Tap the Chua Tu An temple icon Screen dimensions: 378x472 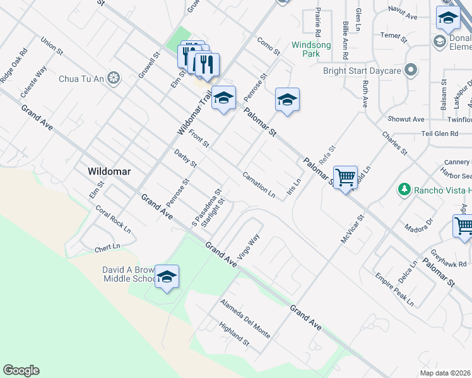(114, 78)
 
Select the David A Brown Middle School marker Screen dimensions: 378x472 (167, 277)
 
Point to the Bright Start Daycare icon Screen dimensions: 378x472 (411, 70)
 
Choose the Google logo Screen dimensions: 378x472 (21, 370)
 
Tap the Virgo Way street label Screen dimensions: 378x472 (249, 248)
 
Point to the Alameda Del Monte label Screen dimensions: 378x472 (245, 318)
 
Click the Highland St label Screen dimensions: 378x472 (234, 333)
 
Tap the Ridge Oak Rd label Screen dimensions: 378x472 (14, 65)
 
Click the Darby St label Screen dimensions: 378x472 (186, 158)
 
